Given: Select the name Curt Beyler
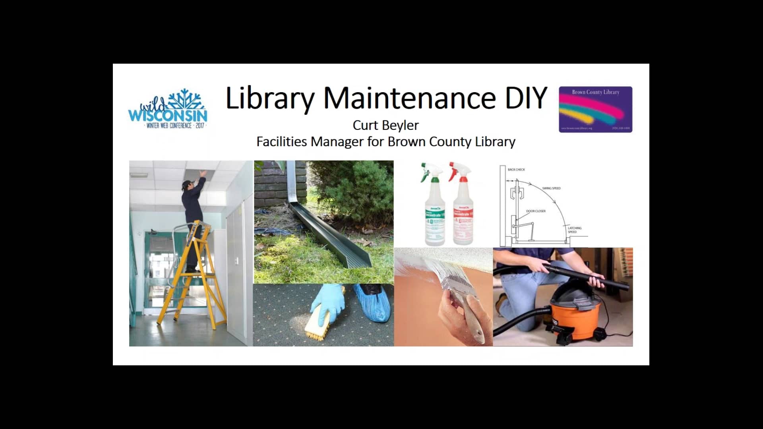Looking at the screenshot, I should pos(385,125).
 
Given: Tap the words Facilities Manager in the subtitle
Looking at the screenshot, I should pos(310,142).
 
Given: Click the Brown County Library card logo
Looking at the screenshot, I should pos(595,109).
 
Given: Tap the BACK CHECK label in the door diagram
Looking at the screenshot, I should pos(516,170).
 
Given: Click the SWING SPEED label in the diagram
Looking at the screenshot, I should pos(551,188).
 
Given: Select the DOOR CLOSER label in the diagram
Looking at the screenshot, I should pos(536,211).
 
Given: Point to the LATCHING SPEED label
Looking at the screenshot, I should pos(574,230).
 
